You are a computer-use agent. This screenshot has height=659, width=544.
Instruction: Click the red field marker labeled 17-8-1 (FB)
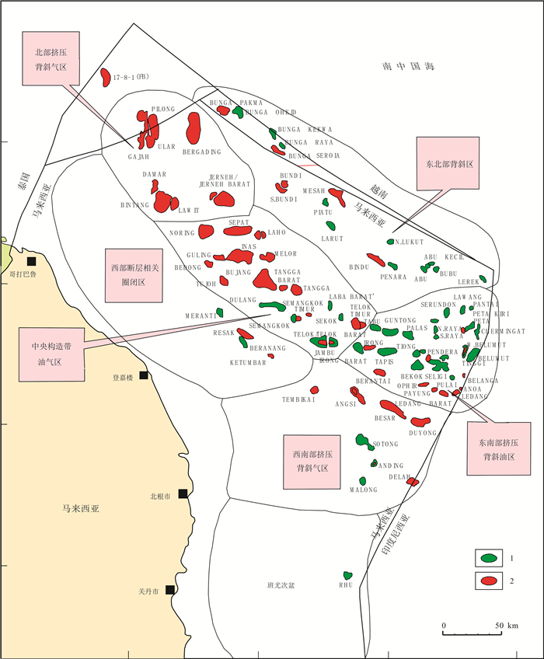(x=105, y=76)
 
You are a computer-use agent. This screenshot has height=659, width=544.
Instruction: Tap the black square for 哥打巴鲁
(x=32, y=261)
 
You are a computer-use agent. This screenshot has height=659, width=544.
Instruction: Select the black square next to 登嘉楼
(x=144, y=375)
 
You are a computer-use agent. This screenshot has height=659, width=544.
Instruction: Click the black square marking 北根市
(x=183, y=493)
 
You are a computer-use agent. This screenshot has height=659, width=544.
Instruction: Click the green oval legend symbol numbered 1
(x=490, y=558)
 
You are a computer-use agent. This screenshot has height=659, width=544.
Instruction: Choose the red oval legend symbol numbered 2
(x=490, y=581)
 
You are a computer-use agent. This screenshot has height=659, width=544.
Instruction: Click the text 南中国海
(x=408, y=68)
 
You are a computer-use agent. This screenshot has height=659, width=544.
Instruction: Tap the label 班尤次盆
(x=281, y=585)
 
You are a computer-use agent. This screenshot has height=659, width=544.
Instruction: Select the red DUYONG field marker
(x=418, y=420)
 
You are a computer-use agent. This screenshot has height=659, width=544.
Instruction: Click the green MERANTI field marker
(x=221, y=312)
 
